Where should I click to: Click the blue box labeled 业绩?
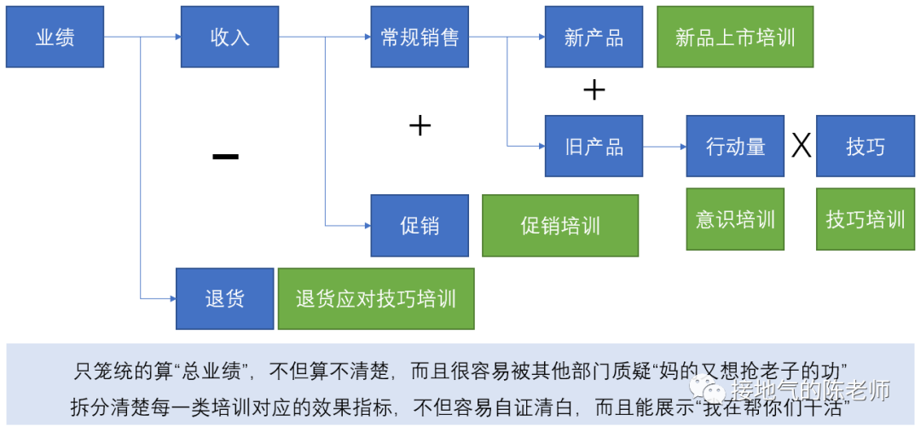[x=55, y=37]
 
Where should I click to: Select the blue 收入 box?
[x=229, y=37]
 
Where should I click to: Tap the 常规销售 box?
[x=420, y=37]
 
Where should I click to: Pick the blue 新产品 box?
[x=594, y=37]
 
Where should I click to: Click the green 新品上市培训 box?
[x=735, y=37]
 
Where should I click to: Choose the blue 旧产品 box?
[x=594, y=147]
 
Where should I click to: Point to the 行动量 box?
[x=735, y=147]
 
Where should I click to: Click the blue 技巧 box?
[x=865, y=147]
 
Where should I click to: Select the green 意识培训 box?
[x=735, y=219]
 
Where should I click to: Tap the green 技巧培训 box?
[x=865, y=219]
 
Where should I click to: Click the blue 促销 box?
[x=420, y=226]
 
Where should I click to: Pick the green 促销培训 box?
[x=560, y=226]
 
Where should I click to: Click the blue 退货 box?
[x=224, y=298]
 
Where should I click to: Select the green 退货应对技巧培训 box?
[x=375, y=298]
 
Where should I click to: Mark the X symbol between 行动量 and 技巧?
[x=801, y=147]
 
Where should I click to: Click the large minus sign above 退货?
[x=225, y=156]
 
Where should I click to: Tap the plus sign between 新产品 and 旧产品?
[x=594, y=89]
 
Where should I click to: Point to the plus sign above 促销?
[x=420, y=126]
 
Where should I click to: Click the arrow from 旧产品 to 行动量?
[x=664, y=147]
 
